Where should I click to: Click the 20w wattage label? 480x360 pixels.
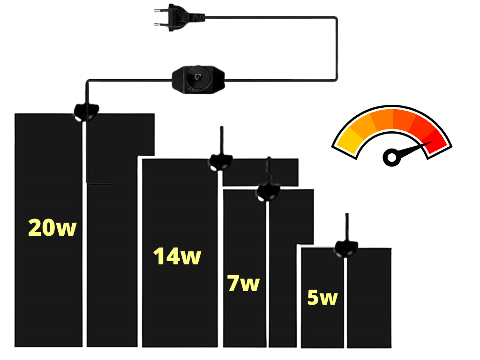(x=52, y=228)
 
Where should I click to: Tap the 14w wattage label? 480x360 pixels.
(x=177, y=256)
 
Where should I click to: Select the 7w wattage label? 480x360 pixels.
(x=243, y=283)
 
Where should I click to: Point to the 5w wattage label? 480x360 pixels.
(x=322, y=297)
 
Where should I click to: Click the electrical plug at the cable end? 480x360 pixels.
(x=179, y=18)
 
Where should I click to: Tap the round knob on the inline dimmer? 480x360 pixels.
(x=198, y=76)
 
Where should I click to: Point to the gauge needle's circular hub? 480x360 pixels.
(x=392, y=157)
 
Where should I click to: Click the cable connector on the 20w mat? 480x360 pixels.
(x=87, y=112)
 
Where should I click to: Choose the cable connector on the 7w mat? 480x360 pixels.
(x=268, y=192)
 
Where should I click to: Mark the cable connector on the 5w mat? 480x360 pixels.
(x=346, y=248)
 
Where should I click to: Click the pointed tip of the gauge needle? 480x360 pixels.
(x=432, y=142)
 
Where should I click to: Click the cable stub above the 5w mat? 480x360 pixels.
(x=346, y=227)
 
